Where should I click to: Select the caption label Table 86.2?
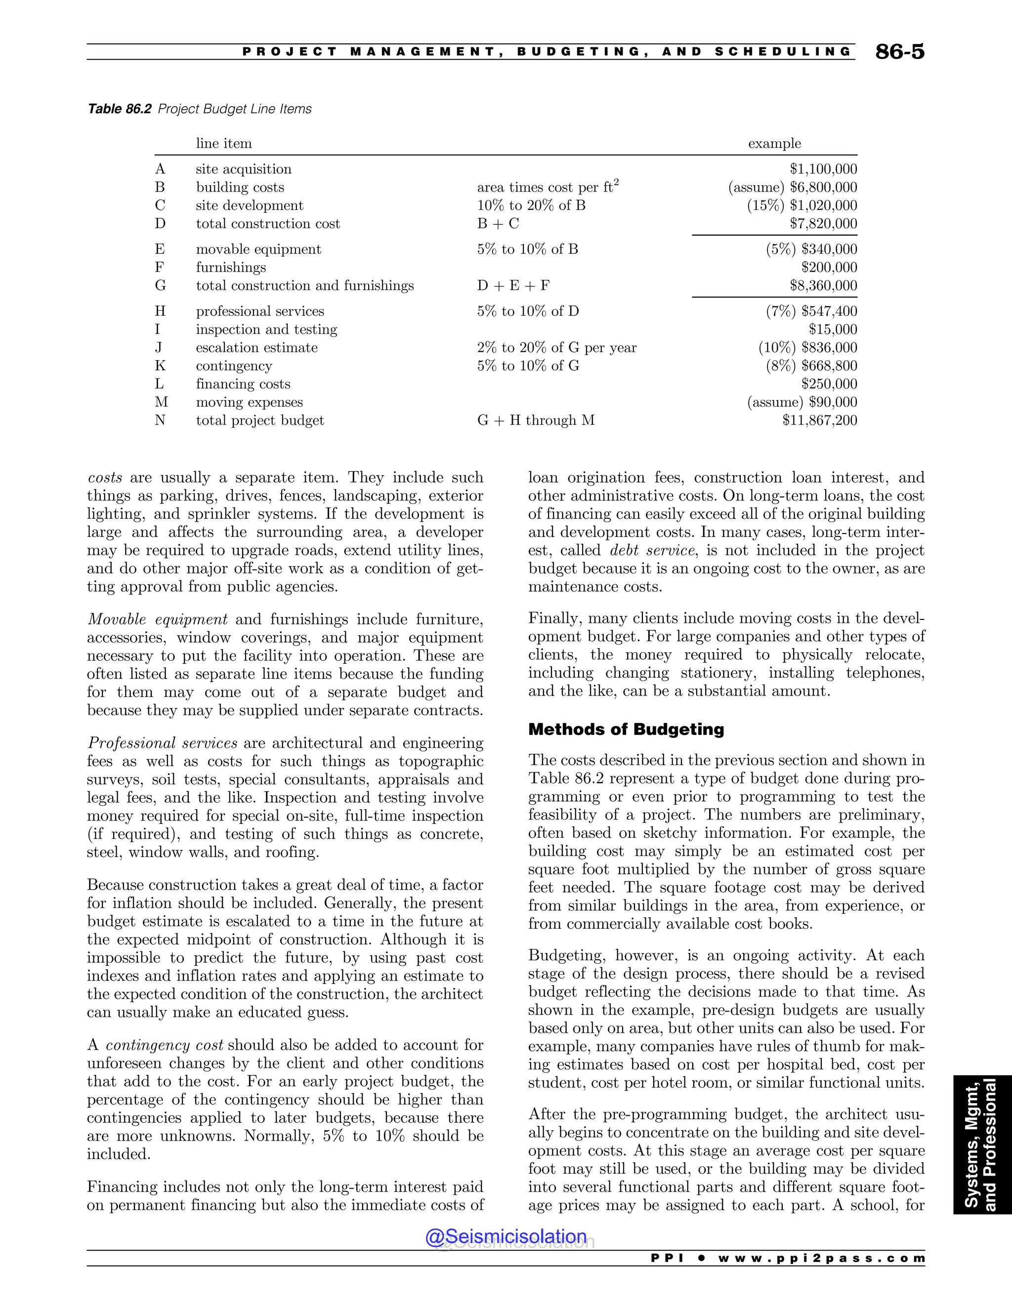coord(119,109)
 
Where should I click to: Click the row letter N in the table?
coord(160,420)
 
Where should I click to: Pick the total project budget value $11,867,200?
coord(820,420)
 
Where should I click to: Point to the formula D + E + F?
coord(513,286)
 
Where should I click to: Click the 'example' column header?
coord(774,143)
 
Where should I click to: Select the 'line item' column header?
coord(224,143)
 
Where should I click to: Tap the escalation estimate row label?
coord(256,348)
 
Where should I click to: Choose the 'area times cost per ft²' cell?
coord(548,187)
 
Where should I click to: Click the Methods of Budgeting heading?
coord(626,730)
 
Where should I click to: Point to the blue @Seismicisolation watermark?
coord(506,1236)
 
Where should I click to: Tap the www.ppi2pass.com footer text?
coord(821,1258)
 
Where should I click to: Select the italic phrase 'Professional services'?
coord(163,743)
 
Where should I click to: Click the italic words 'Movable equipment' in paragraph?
coord(157,619)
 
